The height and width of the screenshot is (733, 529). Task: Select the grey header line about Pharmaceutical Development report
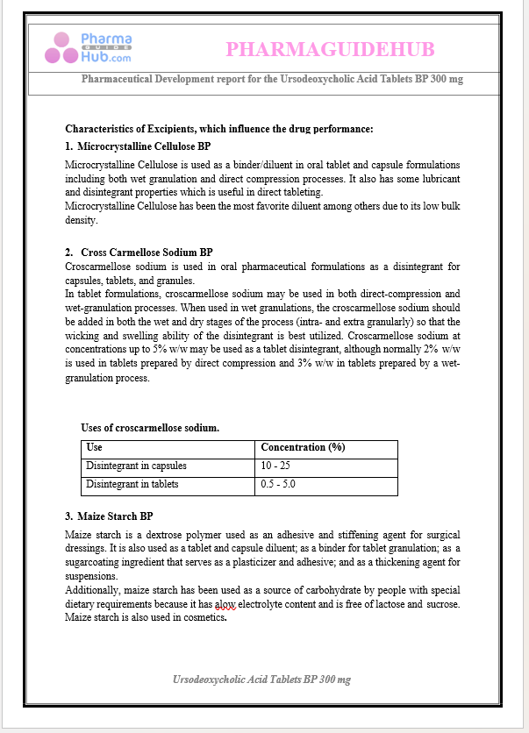point(272,79)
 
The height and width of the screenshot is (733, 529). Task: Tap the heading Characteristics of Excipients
point(219,129)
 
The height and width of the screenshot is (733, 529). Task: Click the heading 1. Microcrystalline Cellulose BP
point(138,146)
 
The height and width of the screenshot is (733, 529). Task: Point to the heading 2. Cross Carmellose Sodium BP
point(139,253)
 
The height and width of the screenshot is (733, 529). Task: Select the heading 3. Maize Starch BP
point(110,516)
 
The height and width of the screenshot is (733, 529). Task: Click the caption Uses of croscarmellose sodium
point(150,428)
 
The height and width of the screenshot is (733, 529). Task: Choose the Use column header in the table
point(94,447)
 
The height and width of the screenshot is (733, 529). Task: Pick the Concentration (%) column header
point(303,447)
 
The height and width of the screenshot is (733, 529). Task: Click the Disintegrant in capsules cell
point(136,466)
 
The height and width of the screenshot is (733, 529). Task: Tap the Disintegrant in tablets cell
point(132,484)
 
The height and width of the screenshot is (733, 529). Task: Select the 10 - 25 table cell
point(276,466)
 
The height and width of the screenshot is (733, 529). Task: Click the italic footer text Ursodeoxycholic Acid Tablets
point(262,680)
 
